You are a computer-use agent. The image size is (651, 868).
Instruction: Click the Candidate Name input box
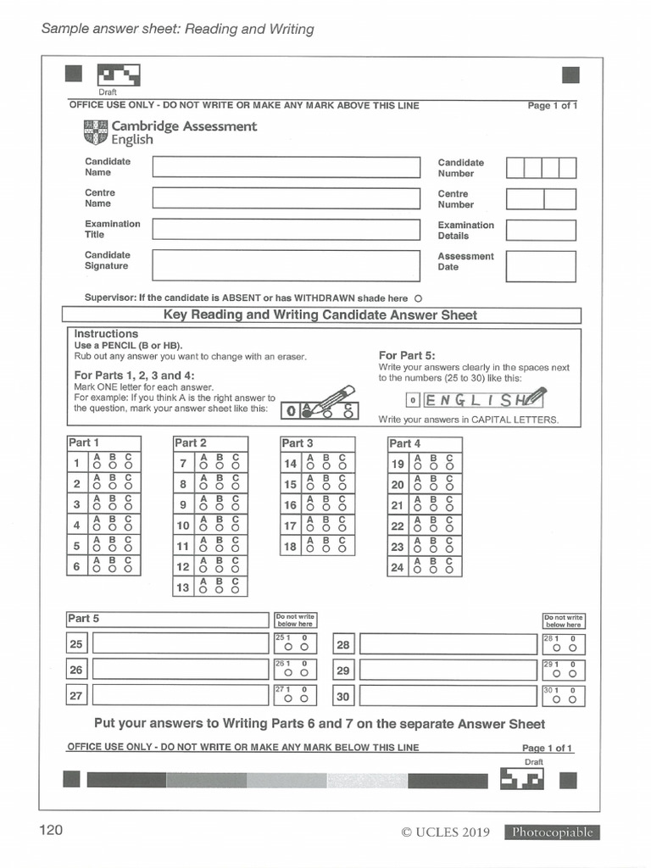click(286, 167)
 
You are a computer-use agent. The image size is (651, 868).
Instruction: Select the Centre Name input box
click(286, 198)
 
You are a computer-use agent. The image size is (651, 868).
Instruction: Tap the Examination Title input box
click(286, 230)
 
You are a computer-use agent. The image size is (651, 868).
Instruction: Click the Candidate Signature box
click(286, 265)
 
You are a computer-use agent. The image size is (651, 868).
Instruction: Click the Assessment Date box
click(541, 266)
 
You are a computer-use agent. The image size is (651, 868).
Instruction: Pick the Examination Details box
click(541, 231)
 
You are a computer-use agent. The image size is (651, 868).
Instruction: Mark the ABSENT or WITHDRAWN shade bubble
click(419, 298)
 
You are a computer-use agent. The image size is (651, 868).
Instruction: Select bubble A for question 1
click(97, 465)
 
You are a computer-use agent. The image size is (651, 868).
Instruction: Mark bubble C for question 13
click(236, 590)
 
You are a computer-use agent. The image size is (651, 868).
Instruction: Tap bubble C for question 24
click(449, 570)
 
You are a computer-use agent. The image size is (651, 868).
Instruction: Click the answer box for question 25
click(180, 643)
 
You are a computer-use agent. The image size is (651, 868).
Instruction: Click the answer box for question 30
click(448, 696)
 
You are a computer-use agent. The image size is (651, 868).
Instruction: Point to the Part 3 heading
click(298, 443)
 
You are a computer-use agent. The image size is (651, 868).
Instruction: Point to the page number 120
click(51, 830)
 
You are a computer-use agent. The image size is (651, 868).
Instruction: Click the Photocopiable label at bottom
click(552, 832)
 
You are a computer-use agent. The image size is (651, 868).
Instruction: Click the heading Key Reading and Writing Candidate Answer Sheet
click(320, 315)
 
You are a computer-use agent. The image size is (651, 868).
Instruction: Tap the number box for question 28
click(343, 644)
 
